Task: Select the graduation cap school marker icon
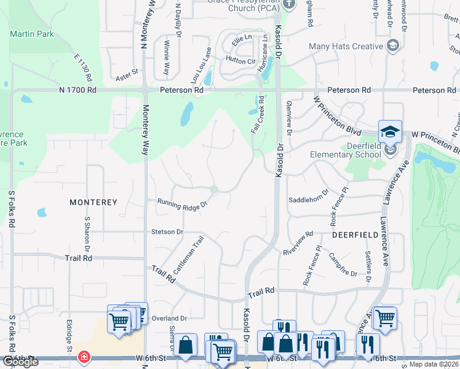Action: point(390,132)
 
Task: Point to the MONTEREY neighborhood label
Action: point(93,202)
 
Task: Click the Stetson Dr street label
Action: point(167,232)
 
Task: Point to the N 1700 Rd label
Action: point(78,90)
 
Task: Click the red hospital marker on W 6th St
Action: point(83,357)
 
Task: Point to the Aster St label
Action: point(127,76)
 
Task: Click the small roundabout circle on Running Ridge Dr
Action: point(214,189)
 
